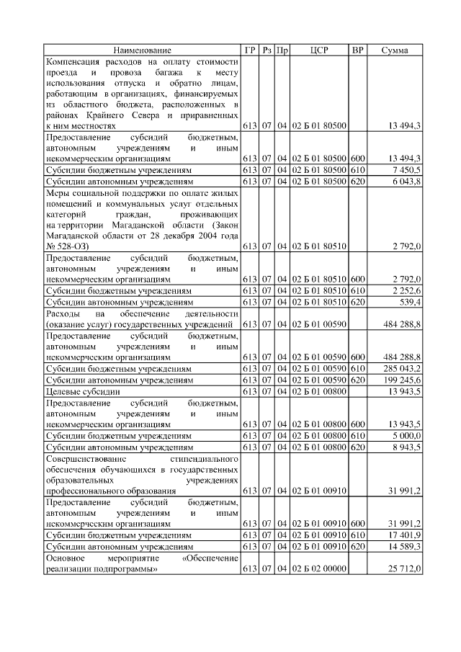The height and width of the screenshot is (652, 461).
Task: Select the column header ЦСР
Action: [x=318, y=50]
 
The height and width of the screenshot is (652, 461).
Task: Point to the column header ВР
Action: [x=357, y=50]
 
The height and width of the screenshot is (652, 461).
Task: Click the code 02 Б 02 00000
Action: [x=318, y=569]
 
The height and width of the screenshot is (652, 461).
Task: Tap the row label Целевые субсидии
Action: [x=81, y=391]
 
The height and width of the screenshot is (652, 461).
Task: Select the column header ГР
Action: [x=250, y=50]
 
